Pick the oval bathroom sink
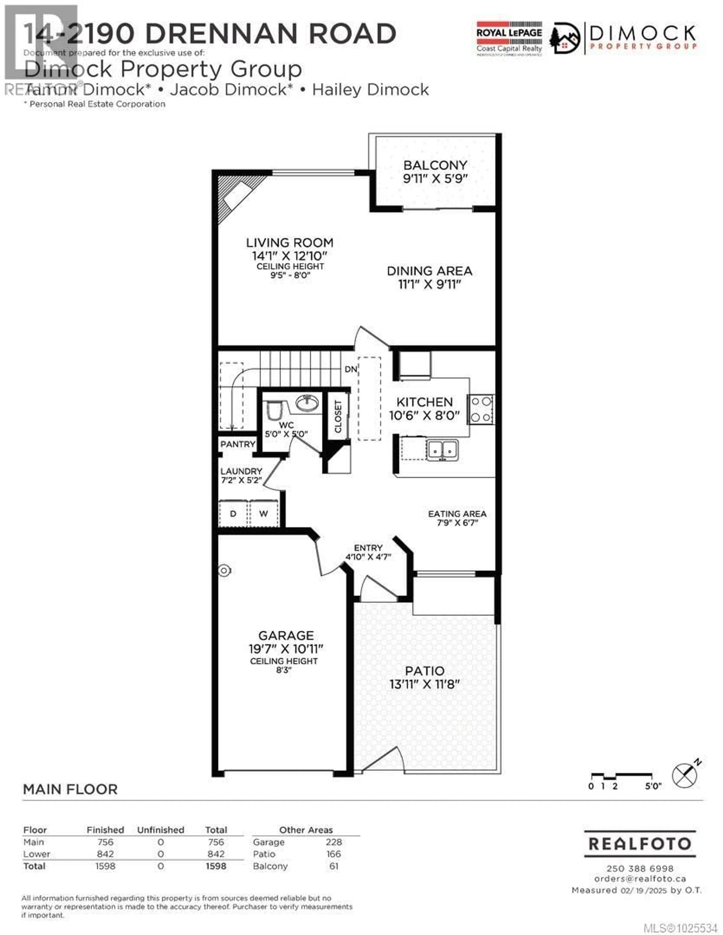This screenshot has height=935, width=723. tap(307, 403)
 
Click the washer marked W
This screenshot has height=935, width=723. tap(263, 513)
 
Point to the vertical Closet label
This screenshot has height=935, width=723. tap(338, 417)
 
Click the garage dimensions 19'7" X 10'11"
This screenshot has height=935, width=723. tap(286, 649)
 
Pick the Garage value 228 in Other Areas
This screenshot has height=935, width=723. tap(334, 842)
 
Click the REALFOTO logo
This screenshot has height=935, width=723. tap(640, 844)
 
